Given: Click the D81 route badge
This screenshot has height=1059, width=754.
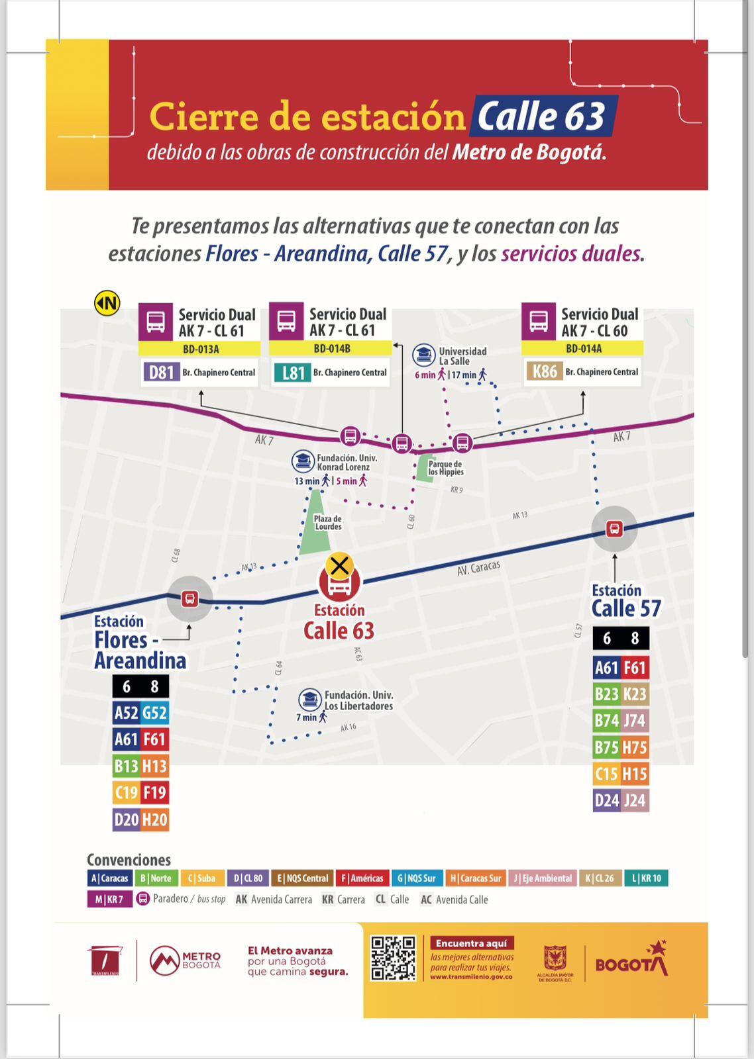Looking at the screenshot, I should coord(161,372).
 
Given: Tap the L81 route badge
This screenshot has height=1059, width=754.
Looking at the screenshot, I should coord(292,373).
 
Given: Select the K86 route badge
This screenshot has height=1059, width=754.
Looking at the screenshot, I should coord(545,371).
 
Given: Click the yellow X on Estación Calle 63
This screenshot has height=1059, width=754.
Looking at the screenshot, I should coord(339,566).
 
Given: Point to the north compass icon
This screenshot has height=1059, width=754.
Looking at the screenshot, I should coord(107,303).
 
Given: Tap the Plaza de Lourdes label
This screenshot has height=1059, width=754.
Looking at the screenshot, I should coord(328,523).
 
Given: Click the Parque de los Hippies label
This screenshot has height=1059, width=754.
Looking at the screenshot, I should coord(445,468).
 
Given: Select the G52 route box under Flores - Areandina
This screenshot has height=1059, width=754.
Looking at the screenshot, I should coord(154,713).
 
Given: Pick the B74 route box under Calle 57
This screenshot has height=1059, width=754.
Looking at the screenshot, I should coord(606,721).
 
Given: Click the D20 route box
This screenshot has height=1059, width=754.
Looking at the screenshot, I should coord(127,820).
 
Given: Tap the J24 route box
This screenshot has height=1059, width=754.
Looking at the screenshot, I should coord(634,801).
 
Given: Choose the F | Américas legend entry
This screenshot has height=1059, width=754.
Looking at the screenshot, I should coord(362,878).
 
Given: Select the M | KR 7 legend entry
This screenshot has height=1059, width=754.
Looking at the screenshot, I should coord(109,899).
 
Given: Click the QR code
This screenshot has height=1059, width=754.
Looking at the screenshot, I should coord(393,958).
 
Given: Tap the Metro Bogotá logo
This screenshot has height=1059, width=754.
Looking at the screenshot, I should coord(185,960).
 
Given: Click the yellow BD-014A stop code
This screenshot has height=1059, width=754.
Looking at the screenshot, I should coord(583,349).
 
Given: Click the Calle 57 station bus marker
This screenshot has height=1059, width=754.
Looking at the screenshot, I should coord(614,529).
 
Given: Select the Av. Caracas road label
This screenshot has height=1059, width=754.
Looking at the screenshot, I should coord(478,568).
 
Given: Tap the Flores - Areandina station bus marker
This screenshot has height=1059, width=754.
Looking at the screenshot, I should coord(189,599).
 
